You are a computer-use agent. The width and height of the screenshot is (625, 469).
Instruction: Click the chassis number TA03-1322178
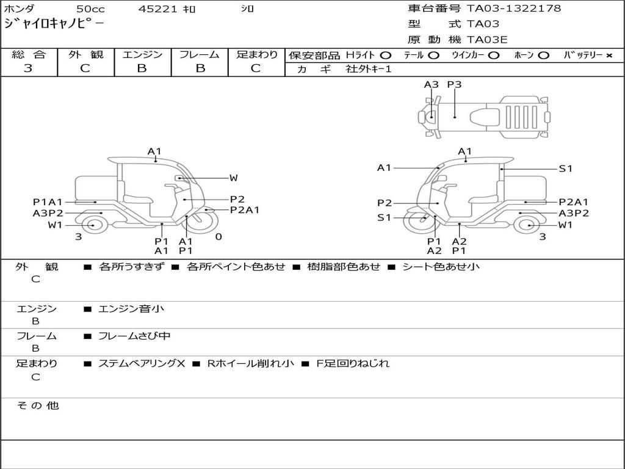tap(514, 9)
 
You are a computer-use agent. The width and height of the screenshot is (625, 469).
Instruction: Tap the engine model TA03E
tap(486, 40)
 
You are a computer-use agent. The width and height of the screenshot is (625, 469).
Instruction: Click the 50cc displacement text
tap(90, 9)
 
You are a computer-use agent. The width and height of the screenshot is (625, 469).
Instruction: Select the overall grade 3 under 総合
tap(28, 68)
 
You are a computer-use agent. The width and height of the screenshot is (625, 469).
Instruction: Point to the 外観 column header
tap(85, 54)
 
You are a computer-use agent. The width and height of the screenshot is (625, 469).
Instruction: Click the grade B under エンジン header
tap(142, 68)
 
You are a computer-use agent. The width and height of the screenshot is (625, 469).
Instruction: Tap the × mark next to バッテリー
tap(609, 56)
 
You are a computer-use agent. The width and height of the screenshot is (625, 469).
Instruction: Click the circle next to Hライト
tap(386, 56)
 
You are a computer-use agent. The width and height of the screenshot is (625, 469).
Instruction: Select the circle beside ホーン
tap(543, 56)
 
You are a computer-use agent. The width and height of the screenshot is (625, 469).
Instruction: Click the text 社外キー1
tap(369, 69)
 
